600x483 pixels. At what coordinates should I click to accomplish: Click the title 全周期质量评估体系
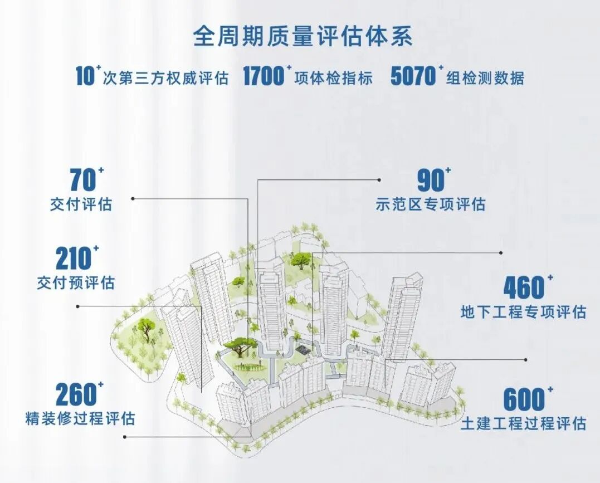pos(303,37)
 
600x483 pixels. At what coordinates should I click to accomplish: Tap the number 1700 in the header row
pos(264,76)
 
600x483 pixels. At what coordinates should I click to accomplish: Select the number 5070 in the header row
pos(413,76)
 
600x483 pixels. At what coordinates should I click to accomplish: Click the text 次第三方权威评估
pos(166,77)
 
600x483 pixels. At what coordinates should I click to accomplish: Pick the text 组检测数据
pos(485,77)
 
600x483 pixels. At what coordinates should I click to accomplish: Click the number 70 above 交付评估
pos(82,179)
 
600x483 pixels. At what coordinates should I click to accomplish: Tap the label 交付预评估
pos(76,282)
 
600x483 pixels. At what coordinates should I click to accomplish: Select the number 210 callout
pos(73,258)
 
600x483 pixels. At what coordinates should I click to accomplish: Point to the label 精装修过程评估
pos(80,418)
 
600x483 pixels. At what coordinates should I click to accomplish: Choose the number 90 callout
pos(431,179)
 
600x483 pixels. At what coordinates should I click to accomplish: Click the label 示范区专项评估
pos(431,204)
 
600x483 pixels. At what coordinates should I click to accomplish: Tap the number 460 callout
pos(523,287)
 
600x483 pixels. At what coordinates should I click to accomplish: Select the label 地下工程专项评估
pos(523,311)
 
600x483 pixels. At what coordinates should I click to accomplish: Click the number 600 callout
pos(523,399)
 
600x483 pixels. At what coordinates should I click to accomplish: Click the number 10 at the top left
pos(85,76)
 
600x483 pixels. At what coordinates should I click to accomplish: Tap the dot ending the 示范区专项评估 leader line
pos(380,180)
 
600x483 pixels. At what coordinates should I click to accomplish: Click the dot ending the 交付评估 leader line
pos(133,198)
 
